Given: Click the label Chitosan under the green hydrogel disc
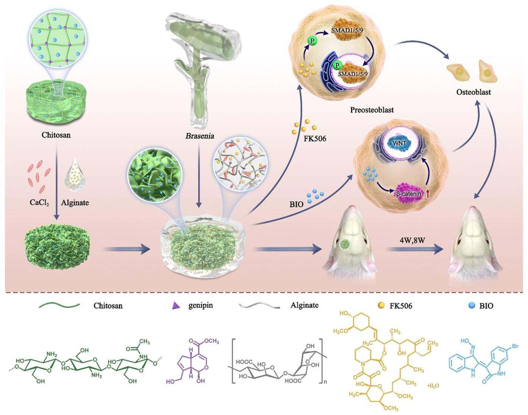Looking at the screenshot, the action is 56,135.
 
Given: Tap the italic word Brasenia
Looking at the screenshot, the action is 200,136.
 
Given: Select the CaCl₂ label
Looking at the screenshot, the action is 39,203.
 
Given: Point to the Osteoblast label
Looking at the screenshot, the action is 473,92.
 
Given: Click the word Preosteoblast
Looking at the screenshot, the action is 372,110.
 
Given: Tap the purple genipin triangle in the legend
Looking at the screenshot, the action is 176,306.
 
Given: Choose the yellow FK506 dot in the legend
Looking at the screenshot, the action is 381,305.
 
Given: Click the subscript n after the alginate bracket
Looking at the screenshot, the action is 325,382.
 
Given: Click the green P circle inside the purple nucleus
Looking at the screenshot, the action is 337,65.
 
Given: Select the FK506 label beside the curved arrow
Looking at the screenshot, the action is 315,139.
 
